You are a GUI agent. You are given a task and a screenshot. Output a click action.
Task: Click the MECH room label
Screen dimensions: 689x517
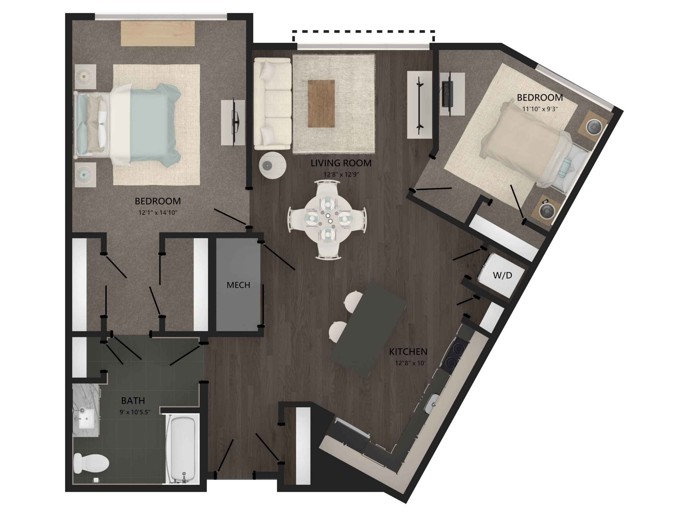[x=238, y=285]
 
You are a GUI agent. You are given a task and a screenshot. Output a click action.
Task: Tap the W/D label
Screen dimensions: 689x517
[x=502, y=275]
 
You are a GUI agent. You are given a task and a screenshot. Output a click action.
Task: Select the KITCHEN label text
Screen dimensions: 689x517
[x=408, y=352]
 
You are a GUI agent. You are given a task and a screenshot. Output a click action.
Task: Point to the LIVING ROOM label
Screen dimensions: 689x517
[x=341, y=163]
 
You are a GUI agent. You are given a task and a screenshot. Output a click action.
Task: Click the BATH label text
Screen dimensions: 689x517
[x=133, y=400]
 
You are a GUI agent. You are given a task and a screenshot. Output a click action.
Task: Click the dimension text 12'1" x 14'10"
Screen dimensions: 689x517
[x=158, y=213]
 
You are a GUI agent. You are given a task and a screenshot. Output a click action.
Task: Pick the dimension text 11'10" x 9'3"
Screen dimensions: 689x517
[x=540, y=109]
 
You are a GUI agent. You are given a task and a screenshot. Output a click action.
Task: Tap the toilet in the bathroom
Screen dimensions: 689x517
[x=91, y=463]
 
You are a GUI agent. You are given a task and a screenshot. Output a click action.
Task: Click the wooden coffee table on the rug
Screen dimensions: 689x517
[x=321, y=104]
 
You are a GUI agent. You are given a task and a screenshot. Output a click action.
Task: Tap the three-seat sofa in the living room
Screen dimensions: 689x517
[x=272, y=104]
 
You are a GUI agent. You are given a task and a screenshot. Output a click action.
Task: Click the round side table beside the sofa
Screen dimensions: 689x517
[x=272, y=165]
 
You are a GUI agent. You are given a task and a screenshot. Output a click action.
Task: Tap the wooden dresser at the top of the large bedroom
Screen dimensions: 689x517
[x=158, y=34]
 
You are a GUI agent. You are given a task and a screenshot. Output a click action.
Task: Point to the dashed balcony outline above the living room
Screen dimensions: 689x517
[x=363, y=32]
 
